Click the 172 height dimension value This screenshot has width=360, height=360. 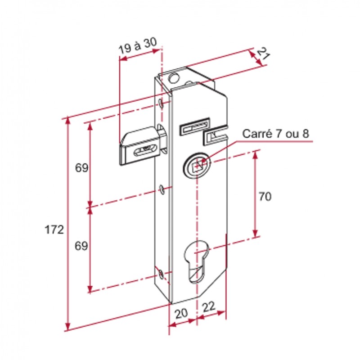pos(54,229)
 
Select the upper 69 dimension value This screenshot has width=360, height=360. pos(82,168)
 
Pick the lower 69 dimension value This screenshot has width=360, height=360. pos(81,246)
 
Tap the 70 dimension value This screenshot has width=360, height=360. pos(265,197)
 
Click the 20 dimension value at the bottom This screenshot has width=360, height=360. pos(181,313)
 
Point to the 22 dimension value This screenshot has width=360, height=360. pos(208,307)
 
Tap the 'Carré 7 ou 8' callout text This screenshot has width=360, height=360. pos(275,134)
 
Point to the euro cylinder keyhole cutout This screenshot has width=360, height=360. pos(197,262)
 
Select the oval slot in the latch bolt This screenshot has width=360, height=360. pos(144,151)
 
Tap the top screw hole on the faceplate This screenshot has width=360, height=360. pos(162,104)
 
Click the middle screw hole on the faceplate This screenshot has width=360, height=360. pos(162,189)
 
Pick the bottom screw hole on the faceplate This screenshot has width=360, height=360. pos(162,274)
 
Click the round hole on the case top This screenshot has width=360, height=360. pos(174,78)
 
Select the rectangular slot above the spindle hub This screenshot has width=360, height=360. pos(195,126)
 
